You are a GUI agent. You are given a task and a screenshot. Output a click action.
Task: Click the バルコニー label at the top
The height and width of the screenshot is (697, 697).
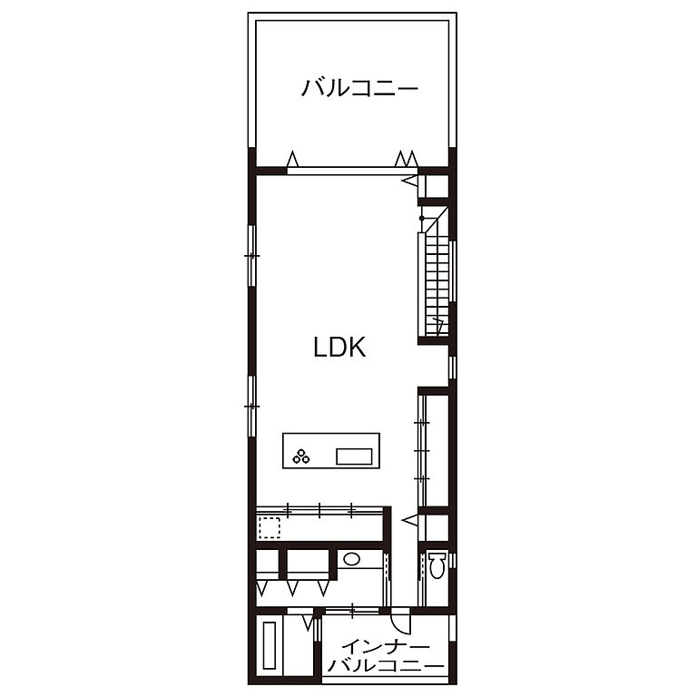click(x=359, y=87)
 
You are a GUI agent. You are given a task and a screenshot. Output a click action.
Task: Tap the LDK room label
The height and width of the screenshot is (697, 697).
click(x=339, y=348)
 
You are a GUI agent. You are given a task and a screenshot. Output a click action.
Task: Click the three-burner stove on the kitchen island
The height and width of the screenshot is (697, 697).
click(x=301, y=456)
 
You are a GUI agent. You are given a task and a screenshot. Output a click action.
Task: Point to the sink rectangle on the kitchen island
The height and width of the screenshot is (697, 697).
click(x=354, y=456)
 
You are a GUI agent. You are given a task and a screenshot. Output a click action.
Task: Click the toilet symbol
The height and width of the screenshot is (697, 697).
click(x=437, y=565)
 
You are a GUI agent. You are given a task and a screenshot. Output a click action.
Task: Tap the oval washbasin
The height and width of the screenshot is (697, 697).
click(x=352, y=559)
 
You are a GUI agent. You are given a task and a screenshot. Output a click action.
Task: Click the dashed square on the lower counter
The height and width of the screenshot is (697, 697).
click(x=270, y=527)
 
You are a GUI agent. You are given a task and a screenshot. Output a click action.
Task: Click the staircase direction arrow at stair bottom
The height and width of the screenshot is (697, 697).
click(x=437, y=326)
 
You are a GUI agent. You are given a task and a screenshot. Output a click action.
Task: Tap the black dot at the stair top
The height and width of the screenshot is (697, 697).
click(x=421, y=218)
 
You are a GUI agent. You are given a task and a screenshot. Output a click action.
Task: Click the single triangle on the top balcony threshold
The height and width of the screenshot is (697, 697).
click(x=292, y=159)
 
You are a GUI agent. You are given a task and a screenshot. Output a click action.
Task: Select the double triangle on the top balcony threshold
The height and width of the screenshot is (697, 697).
click(x=407, y=159)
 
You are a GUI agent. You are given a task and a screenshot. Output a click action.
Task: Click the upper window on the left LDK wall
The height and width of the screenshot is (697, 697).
click(x=252, y=256)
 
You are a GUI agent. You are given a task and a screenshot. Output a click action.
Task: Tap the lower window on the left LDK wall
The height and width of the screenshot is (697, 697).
click(x=252, y=406)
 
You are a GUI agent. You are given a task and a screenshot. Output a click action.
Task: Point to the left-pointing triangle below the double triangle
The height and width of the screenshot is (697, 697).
click(x=410, y=181)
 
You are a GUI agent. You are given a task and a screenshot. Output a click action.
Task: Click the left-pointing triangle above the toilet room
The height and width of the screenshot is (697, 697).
click(x=410, y=520)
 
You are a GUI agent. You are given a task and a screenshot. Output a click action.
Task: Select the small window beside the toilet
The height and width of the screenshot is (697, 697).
click(x=453, y=560)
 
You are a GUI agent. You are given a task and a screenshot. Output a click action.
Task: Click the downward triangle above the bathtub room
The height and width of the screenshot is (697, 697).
click(x=308, y=623)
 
